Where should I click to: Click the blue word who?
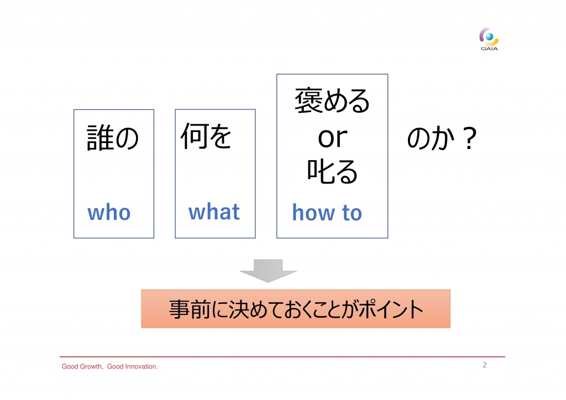coord(109,213)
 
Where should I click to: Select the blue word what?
coord(214,212)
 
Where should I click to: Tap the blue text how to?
coord(327,213)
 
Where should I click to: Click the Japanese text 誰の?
coord(113,138)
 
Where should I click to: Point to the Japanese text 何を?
coord(206,136)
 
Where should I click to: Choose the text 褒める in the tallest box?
coord(332,101)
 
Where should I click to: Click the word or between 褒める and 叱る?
coord(332,138)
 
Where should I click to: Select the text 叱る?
coord(332,171)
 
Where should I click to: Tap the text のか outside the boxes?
coord(430,138)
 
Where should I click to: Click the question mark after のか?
coord(469,138)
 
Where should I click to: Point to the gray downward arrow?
coord(268,271)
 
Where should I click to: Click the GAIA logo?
coord(489,39)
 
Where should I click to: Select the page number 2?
coord(484,365)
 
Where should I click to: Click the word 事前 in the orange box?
coord(190,309)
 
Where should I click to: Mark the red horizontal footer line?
coord(282,357)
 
